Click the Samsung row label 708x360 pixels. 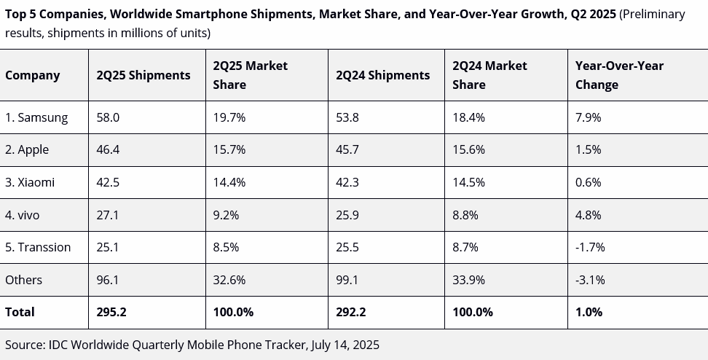point(36,117)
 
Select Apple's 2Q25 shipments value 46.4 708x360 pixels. point(109,149)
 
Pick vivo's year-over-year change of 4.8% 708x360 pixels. point(588,215)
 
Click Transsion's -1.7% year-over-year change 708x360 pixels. point(590,247)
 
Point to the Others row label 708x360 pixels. point(24,280)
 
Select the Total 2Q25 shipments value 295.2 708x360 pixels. point(112,312)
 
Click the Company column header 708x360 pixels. point(33,75)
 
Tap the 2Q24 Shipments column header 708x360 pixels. point(383,75)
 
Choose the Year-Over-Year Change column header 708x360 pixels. point(619,75)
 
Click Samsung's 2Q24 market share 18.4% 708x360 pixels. point(468,117)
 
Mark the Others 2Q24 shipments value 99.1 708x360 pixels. point(348,280)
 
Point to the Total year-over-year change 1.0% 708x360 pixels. point(589,312)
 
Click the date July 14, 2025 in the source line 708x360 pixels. point(345,345)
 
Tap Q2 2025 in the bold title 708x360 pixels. point(591,14)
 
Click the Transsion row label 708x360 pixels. point(38,247)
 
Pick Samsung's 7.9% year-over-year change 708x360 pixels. point(588,117)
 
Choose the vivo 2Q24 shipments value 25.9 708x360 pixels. point(348,215)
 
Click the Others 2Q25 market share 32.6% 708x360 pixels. point(229,280)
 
